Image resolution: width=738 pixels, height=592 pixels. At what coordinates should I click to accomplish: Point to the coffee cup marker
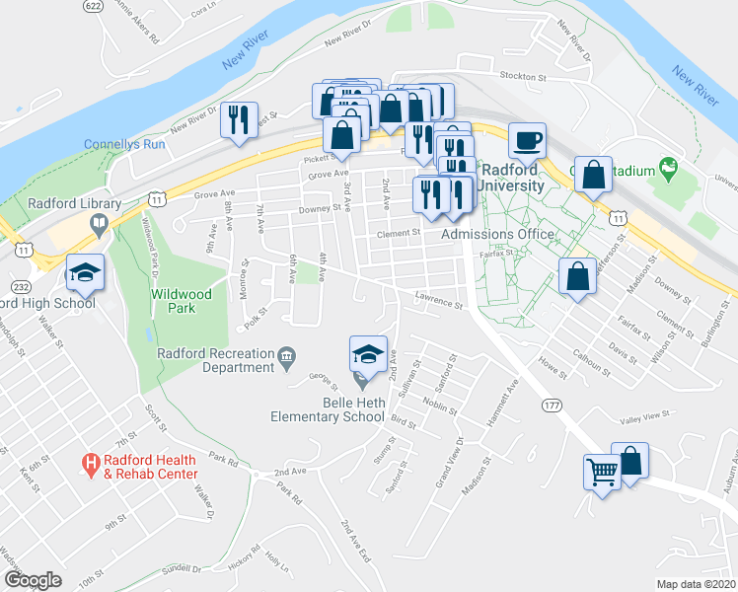[527, 140]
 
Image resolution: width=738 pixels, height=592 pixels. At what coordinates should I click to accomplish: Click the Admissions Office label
[497, 234]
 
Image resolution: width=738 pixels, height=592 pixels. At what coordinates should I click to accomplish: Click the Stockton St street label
[523, 76]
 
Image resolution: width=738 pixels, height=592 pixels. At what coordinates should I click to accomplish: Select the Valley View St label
[644, 416]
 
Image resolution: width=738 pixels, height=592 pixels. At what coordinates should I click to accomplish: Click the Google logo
[33, 580]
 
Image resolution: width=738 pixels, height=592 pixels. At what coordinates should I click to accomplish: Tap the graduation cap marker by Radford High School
[85, 273]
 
